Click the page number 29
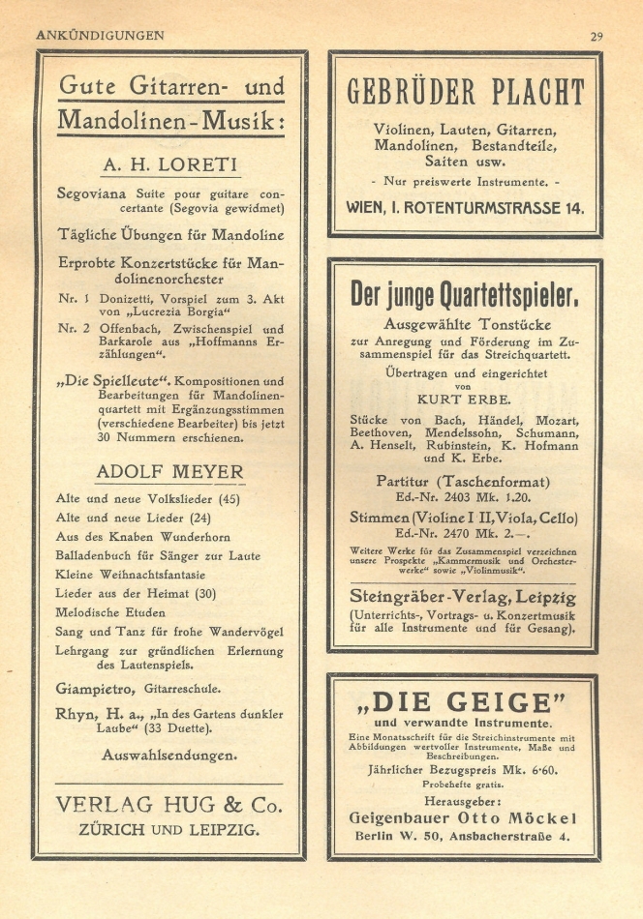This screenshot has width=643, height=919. pyautogui.click(x=597, y=36)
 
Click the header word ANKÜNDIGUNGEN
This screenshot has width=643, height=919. pyautogui.click(x=100, y=35)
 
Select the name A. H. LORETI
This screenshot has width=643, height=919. pyautogui.click(x=170, y=163)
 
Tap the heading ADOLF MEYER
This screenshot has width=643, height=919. pyautogui.click(x=170, y=471)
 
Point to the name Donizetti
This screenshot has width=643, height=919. pyautogui.click(x=133, y=299)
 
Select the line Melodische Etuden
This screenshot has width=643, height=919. pyautogui.click(x=109, y=613)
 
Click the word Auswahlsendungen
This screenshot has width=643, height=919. pyautogui.click(x=170, y=754)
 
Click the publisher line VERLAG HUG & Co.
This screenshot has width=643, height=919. pyautogui.click(x=169, y=805)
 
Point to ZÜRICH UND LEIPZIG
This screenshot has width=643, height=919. pyautogui.click(x=169, y=829)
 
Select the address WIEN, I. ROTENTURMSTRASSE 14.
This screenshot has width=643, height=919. pyautogui.click(x=466, y=207)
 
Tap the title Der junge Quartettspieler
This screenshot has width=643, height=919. pyautogui.click(x=466, y=294)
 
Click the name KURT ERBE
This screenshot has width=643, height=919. pyautogui.click(x=466, y=398)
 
